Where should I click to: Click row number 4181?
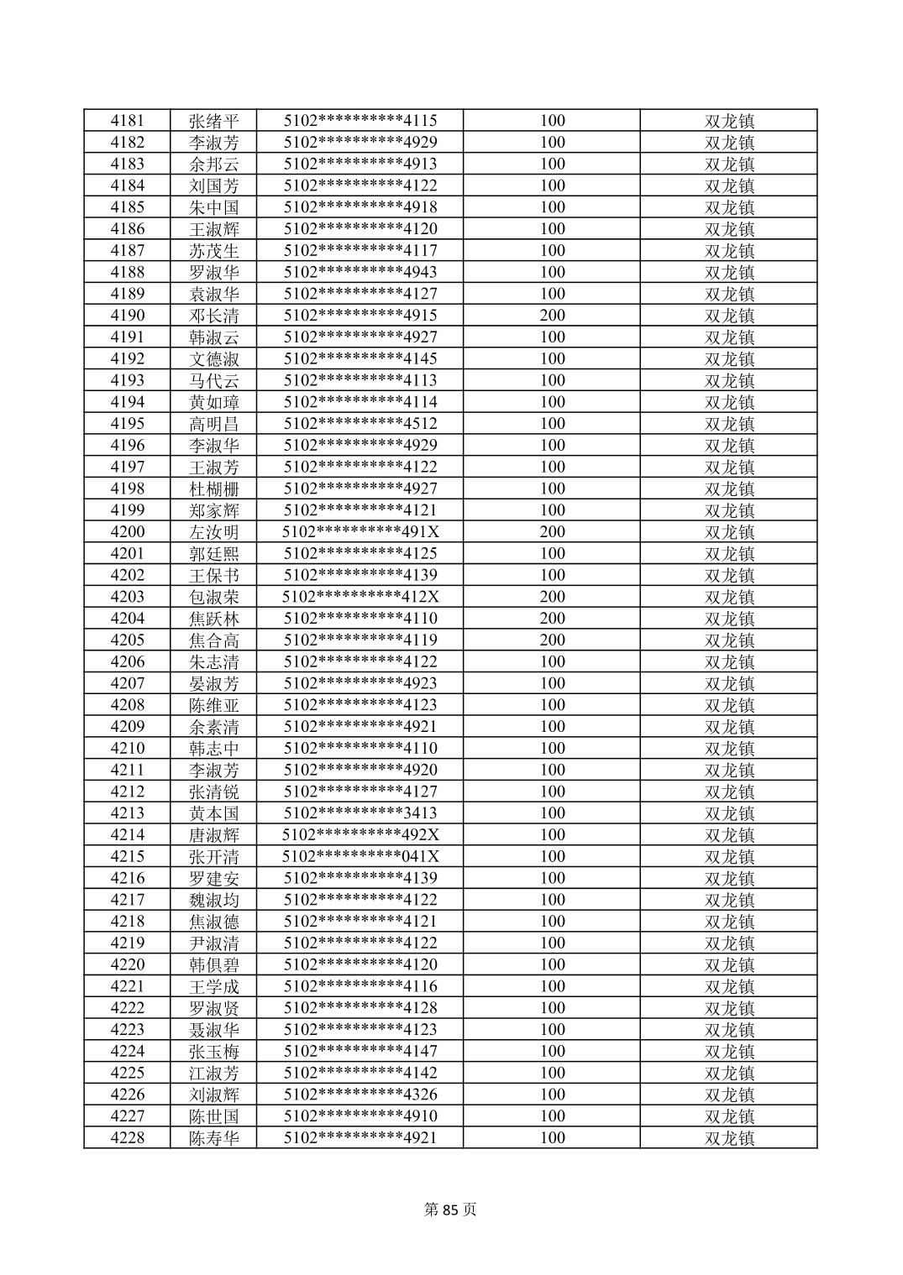tap(127, 120)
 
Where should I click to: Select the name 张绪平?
tap(213, 120)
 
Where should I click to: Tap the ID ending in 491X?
tap(360, 531)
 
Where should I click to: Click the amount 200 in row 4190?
tap(552, 315)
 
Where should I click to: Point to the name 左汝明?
tap(213, 531)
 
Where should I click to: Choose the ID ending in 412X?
tap(360, 597)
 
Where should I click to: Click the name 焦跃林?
tap(213, 619)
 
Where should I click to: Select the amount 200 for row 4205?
tap(552, 640)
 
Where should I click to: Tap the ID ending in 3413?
tap(360, 813)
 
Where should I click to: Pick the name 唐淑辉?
tap(213, 834)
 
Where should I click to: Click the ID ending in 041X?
tap(360, 856)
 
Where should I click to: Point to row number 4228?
tap(127, 1137)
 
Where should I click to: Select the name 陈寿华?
tap(213, 1137)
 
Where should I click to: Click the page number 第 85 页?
tap(450, 1210)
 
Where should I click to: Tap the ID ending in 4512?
tap(360, 423)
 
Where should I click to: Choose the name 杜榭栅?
tap(213, 489)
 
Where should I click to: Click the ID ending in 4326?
tap(360, 1094)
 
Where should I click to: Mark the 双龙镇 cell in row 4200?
tap(728, 531)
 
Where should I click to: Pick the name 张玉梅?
tap(213, 1051)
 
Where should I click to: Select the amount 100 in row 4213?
tap(552, 813)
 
